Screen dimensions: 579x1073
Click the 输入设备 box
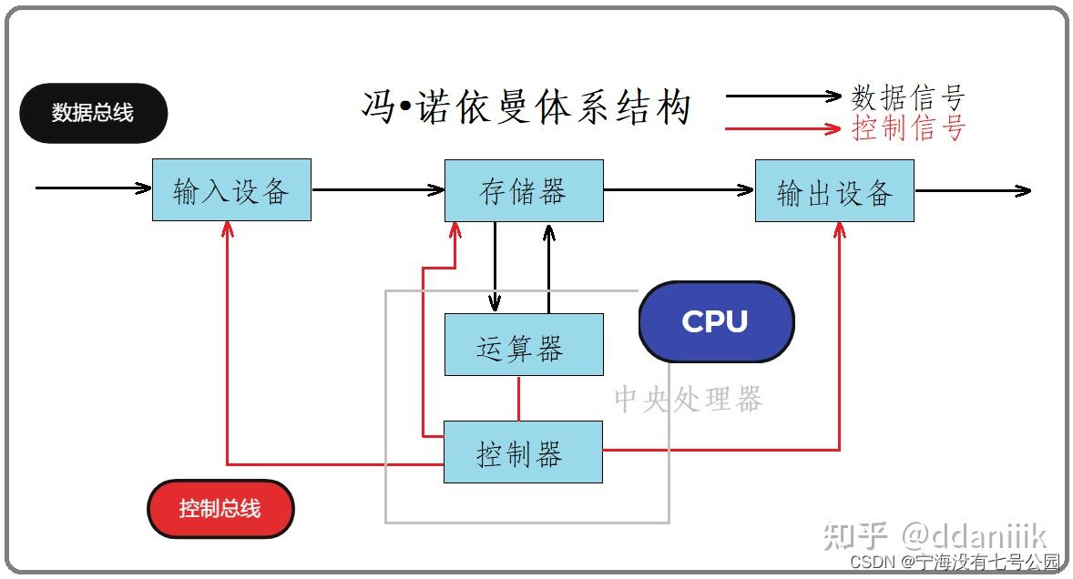tap(231, 189)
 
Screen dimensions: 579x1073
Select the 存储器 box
tap(524, 190)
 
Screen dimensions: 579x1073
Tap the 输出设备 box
tap(834, 190)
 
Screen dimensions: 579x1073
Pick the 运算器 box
tap(524, 345)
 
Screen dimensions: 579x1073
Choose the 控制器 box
tap(523, 452)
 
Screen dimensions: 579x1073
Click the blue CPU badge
tap(716, 321)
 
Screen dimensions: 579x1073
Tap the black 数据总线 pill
tap(93, 113)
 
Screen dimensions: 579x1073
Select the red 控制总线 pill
tap(220, 508)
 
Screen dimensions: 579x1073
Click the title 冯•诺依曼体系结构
tap(526, 107)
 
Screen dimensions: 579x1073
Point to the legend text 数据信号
tap(907, 96)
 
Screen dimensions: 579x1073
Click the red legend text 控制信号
tap(907, 128)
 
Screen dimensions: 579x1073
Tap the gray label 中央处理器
tap(688, 399)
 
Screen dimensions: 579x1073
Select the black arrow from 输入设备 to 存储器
tap(377, 189)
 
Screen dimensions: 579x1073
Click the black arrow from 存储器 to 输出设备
tap(679, 189)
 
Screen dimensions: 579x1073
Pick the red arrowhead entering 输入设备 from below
tap(227, 229)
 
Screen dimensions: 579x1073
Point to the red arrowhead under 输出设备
tap(838, 230)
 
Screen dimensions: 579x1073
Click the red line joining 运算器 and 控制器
tap(518, 398)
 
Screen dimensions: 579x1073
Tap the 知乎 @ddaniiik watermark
tap(935, 535)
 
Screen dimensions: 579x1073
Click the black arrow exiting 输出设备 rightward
tap(972, 190)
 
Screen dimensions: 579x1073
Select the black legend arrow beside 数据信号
tap(783, 95)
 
